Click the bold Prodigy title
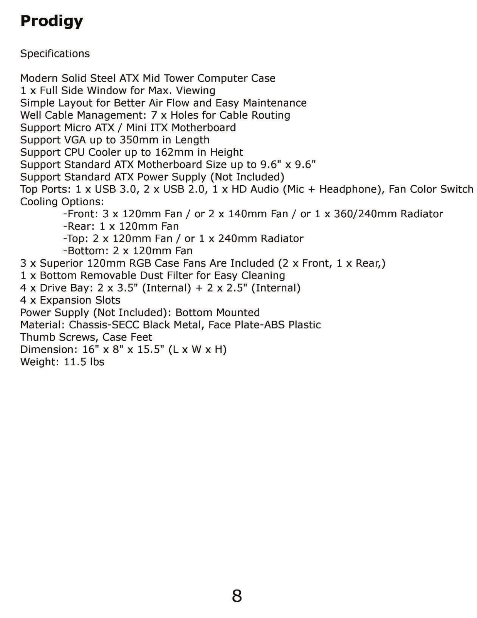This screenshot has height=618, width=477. coord(52,21)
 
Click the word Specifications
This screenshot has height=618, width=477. coord(55,54)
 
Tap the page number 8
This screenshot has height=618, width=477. coord(237,596)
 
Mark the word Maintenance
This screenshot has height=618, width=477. coord(275,103)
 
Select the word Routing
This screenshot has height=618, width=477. coord(271,115)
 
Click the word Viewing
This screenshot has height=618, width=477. coord(196,91)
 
